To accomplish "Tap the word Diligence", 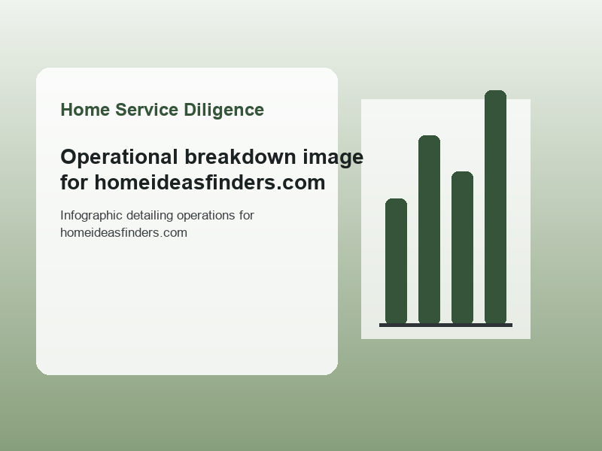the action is (223, 110).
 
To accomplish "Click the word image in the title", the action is (333, 158).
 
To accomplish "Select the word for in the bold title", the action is (74, 182).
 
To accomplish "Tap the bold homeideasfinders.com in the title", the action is (210, 182).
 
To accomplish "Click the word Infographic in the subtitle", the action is (91, 216).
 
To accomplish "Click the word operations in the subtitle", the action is (205, 216).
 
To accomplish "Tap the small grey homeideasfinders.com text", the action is (123, 233).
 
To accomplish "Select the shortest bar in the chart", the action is (396, 261).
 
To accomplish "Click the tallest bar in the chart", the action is (495, 207).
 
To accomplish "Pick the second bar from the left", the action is (429, 230).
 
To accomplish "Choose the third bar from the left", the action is (462, 248).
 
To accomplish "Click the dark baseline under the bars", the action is (445, 325).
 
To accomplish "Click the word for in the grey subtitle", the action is (247, 216).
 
